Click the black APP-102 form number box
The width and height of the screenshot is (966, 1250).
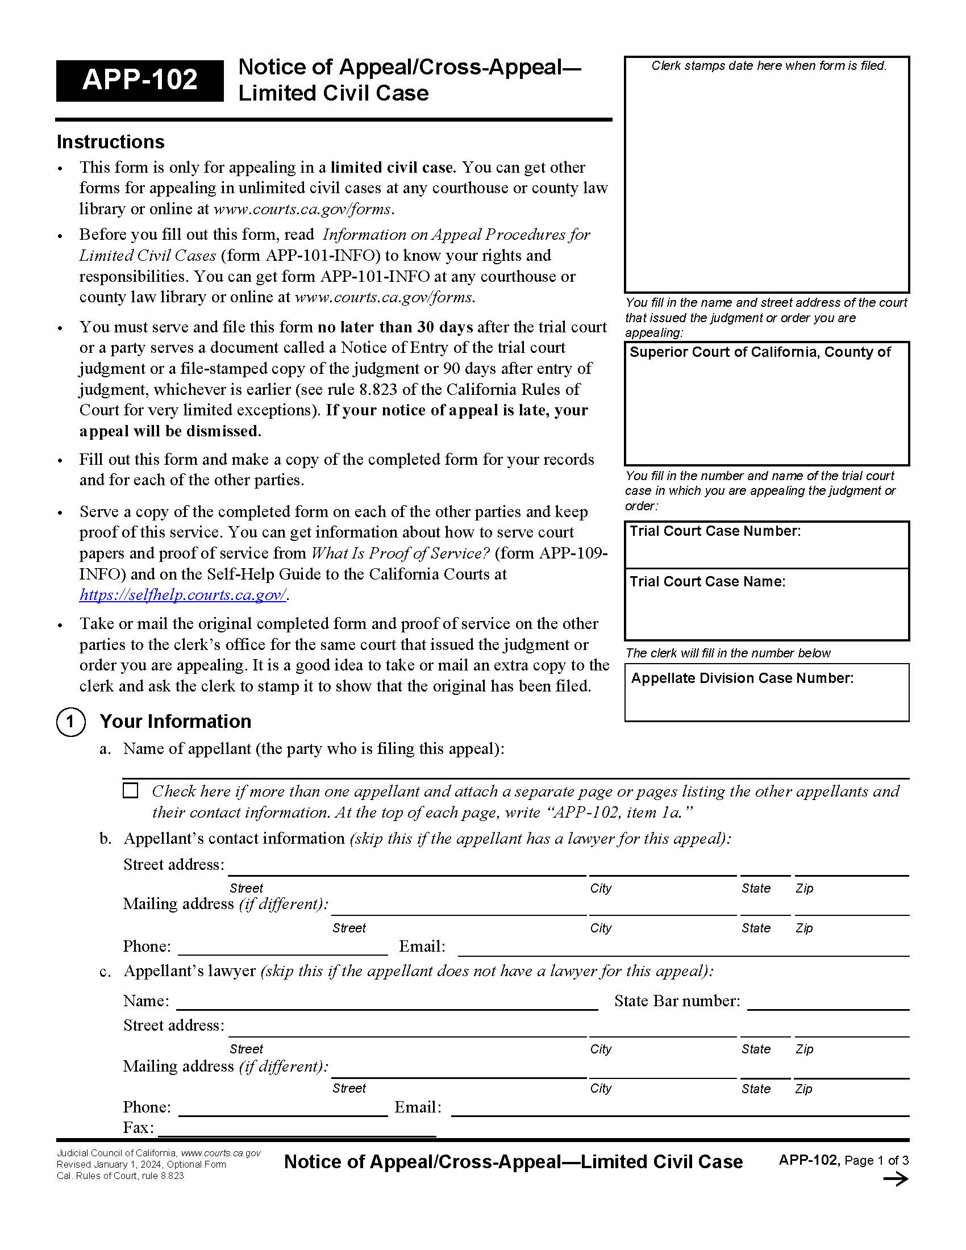(140, 80)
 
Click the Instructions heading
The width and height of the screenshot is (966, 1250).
(110, 142)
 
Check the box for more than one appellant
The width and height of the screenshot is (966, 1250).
(131, 790)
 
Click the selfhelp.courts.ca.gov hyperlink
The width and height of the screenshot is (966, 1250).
(182, 595)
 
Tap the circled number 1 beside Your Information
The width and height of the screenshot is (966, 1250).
(70, 722)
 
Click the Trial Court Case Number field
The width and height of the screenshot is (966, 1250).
(767, 551)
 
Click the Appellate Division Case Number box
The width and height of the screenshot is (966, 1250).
(767, 701)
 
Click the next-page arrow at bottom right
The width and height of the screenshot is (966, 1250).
(896, 1180)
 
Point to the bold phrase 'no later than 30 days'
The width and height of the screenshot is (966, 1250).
(395, 327)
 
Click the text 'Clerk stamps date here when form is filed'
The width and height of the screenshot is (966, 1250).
(769, 66)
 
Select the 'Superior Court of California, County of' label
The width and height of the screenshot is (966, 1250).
(760, 352)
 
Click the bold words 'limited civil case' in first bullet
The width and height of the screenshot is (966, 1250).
(392, 168)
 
